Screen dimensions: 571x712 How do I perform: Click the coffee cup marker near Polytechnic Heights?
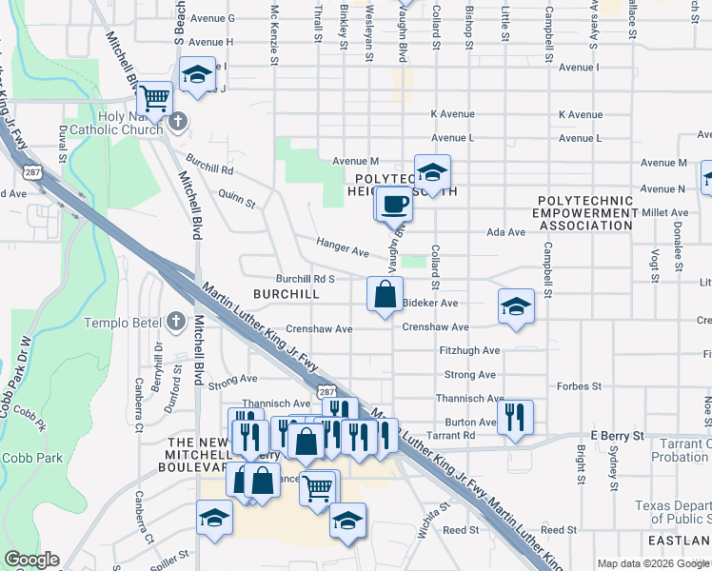point(394,202)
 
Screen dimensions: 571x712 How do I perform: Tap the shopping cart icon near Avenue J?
point(154,98)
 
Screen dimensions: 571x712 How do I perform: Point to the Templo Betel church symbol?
point(175,321)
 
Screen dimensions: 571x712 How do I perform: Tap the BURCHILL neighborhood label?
point(286,295)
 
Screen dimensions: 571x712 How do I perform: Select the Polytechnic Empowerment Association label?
point(584,214)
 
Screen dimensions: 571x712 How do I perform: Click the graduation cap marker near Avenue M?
point(432,172)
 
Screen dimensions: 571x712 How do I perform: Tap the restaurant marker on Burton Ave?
point(515,416)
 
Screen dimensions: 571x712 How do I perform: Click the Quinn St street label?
point(237,198)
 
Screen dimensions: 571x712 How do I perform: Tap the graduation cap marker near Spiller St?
point(214,519)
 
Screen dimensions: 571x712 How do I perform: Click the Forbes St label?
point(580,386)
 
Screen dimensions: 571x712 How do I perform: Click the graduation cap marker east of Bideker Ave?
point(516,306)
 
